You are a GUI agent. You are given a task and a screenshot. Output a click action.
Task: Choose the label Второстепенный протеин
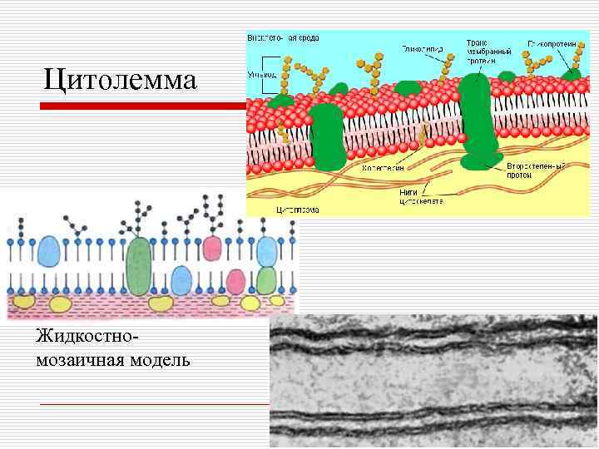[x=535, y=170]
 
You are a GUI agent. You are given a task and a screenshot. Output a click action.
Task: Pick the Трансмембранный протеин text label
[x=480, y=51]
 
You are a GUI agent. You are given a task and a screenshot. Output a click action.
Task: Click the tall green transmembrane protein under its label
[x=477, y=116]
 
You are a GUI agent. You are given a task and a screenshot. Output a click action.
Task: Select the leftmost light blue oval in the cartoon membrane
[x=49, y=250]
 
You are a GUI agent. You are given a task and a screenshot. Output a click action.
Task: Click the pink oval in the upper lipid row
[x=213, y=249]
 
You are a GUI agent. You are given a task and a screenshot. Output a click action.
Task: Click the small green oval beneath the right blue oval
[x=266, y=281]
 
